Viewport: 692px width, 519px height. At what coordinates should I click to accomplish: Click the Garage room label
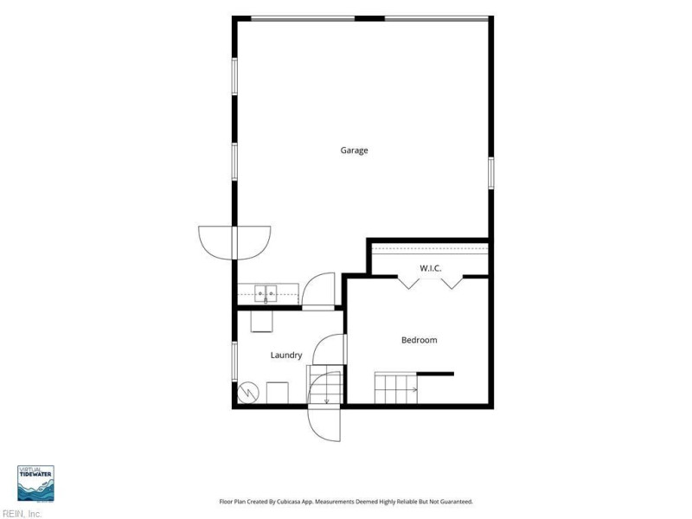(354, 151)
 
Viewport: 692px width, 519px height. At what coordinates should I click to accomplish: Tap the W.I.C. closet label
(430, 268)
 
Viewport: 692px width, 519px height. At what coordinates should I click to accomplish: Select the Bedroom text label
(420, 340)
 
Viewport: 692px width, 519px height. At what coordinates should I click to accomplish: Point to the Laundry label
(286, 355)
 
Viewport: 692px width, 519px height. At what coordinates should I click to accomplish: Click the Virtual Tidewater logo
(35, 484)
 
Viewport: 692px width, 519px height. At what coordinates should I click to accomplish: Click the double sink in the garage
(266, 293)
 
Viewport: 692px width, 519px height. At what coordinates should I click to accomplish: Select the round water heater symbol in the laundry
(248, 393)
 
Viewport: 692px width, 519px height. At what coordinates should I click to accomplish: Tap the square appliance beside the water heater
(278, 393)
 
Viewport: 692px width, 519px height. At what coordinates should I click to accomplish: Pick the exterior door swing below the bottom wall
(324, 423)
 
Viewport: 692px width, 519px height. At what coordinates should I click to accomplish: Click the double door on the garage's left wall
(234, 243)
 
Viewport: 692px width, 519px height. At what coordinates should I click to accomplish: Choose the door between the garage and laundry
(318, 292)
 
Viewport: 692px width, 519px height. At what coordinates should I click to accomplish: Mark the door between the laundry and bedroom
(330, 349)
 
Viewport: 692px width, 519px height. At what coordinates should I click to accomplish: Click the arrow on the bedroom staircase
(413, 389)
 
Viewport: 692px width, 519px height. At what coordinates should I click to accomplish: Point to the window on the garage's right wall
(490, 173)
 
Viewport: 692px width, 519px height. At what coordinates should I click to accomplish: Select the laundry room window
(234, 362)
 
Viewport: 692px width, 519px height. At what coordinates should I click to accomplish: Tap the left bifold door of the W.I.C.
(408, 282)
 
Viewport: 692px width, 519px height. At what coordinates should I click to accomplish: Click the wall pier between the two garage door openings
(370, 18)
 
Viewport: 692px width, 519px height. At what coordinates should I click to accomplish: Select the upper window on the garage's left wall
(234, 76)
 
